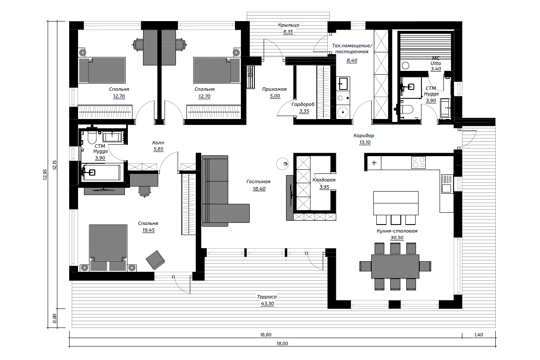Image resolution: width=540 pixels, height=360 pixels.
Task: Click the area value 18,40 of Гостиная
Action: (259, 189)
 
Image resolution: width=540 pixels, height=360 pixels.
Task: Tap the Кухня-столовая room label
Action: (397, 231)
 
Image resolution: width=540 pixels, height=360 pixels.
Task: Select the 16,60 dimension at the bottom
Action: (266, 335)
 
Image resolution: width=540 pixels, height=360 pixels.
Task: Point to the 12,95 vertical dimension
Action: (45, 175)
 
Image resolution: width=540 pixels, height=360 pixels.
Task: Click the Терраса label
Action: (267, 297)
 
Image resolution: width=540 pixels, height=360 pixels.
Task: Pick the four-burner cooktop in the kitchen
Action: (418, 162)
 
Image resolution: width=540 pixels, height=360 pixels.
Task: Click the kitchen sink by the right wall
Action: (446, 184)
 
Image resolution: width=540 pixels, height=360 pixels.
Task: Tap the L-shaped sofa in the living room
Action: (225, 191)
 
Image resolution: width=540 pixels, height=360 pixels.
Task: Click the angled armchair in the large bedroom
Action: (155, 260)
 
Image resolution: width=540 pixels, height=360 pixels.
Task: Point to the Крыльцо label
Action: (289, 25)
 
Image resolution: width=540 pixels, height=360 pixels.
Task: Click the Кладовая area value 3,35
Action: (324, 187)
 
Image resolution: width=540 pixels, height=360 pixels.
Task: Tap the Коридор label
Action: (364, 135)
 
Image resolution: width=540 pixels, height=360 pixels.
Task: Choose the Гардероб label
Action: (303, 104)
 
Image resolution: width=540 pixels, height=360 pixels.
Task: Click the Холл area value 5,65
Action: (158, 149)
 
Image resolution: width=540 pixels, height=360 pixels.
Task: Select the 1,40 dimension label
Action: (478, 335)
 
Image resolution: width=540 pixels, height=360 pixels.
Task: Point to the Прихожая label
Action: (274, 89)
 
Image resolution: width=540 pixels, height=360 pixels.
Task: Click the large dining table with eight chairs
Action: (395, 266)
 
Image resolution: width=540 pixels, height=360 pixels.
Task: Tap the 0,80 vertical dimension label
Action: (54, 318)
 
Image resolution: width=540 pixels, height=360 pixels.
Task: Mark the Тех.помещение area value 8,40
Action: (352, 60)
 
